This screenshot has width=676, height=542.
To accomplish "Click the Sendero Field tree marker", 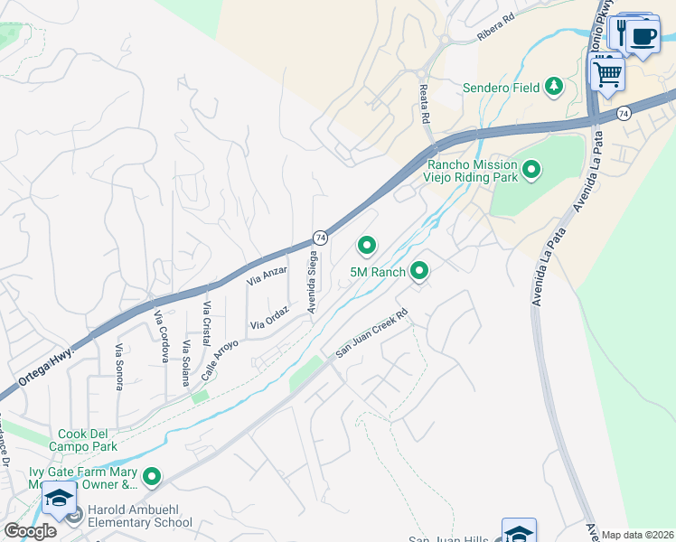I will pyautogui.click(x=553, y=87).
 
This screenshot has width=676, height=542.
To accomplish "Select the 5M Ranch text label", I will pyautogui.click(x=378, y=271).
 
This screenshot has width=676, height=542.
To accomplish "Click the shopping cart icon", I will pyautogui.click(x=607, y=73).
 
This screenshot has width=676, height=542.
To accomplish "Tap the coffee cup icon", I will pyautogui.click(x=643, y=37).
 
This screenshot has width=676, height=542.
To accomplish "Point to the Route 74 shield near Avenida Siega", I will pyautogui.click(x=320, y=237).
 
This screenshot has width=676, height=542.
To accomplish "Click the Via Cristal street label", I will pyautogui.click(x=208, y=322).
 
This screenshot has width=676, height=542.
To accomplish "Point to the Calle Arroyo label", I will pyautogui.click(x=220, y=357).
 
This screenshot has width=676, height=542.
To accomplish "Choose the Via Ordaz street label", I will pyautogui.click(x=269, y=316).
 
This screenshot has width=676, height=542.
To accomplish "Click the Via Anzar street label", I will pyautogui.click(x=267, y=276).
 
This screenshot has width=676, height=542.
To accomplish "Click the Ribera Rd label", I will pyautogui.click(x=495, y=30).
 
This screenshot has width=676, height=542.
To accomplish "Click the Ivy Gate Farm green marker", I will pyautogui.click(x=152, y=476).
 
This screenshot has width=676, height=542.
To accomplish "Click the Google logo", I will pyautogui.click(x=30, y=530).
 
